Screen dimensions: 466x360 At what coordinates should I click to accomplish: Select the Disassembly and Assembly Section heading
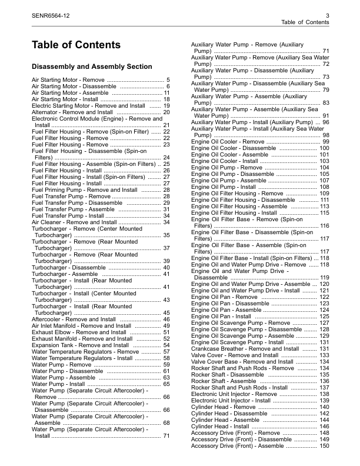92,66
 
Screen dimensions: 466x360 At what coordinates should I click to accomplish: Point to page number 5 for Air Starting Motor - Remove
168,79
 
